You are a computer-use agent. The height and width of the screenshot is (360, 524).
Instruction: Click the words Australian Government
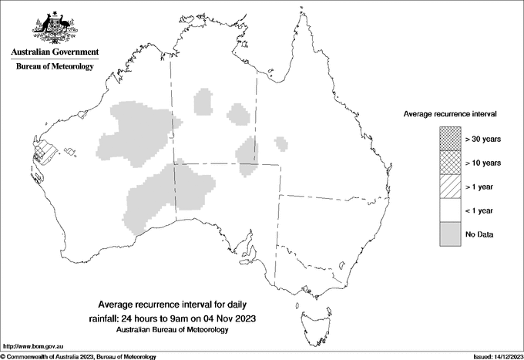pos(55,52)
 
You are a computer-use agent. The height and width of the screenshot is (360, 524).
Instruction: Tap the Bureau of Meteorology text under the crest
pos(55,67)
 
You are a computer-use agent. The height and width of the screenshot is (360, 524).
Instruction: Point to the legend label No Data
pos(479,234)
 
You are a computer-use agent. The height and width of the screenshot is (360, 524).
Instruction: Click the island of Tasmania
pos(308,315)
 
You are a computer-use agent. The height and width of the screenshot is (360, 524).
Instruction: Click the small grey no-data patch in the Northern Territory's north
pos(205,103)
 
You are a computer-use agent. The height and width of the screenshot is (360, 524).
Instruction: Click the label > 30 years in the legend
pos(483,139)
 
